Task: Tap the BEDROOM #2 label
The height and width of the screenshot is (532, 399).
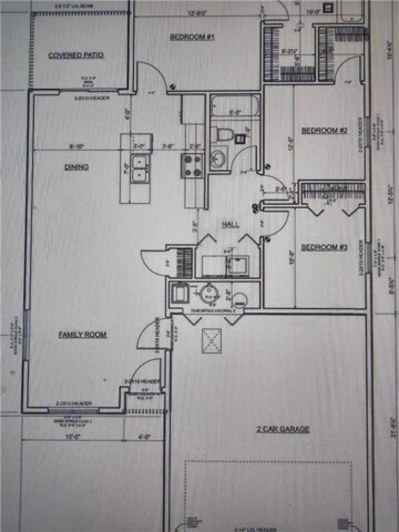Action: pos(325,130)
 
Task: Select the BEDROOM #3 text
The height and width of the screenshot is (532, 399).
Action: pos(324,247)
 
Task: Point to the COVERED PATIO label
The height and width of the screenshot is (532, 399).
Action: pos(76,55)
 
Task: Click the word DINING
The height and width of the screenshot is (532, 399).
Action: pos(77,167)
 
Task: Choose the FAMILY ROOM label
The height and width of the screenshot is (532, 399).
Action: pos(82,335)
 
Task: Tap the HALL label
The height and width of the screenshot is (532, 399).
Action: pos(230,225)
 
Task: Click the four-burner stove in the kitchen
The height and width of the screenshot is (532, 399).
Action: pos(192,165)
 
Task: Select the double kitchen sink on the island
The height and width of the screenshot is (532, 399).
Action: pos(139,168)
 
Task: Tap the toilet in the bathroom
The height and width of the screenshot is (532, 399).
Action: pos(220,134)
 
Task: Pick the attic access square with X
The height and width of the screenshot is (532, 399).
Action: pos(211,340)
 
